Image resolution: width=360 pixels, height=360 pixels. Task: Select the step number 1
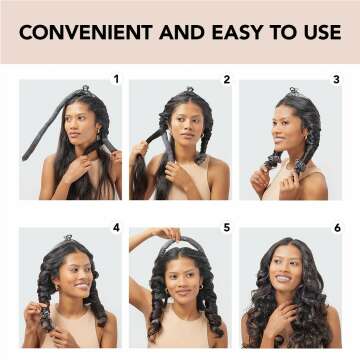(116, 78)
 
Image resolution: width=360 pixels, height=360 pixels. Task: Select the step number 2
(226, 78)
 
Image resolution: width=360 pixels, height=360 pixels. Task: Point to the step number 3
(336, 78)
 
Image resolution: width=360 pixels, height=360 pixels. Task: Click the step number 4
(116, 227)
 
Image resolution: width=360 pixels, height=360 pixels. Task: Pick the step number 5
(226, 227)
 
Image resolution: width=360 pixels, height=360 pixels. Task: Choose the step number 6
(336, 227)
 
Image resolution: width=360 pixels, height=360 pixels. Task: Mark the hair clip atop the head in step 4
(68, 238)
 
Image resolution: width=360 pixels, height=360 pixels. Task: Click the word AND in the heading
(165, 31)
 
